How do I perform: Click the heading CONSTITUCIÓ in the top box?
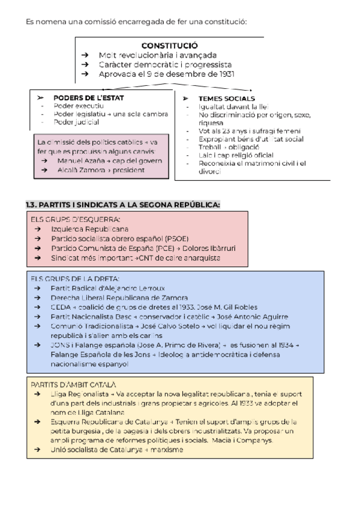(170, 46)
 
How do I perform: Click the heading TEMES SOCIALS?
(227, 98)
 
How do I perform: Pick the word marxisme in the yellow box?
(167, 450)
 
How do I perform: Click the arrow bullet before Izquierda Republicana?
(38, 229)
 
